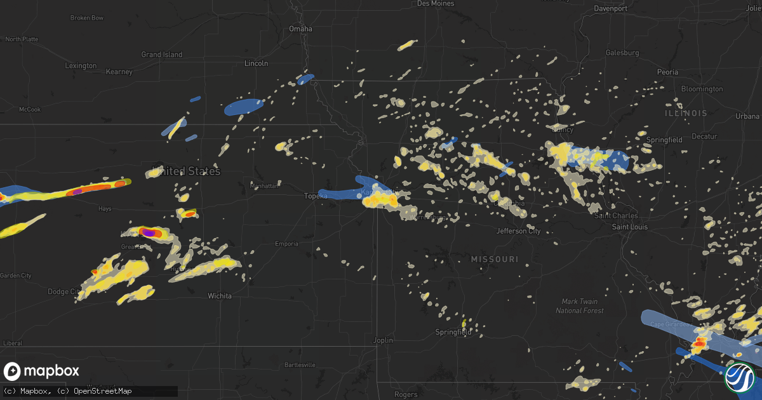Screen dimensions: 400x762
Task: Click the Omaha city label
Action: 300,29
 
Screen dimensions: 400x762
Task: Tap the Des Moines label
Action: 436,4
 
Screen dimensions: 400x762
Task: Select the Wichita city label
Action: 220,296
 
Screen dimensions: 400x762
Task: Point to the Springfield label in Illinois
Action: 664,140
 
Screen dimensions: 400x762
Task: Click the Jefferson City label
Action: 518,231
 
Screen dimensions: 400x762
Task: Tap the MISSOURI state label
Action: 495,259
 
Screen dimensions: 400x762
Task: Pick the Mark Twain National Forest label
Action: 577,306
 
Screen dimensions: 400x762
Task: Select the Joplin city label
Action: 384,340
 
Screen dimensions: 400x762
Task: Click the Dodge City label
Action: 64,292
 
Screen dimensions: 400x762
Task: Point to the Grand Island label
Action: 161,55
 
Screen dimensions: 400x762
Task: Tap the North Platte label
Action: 22,39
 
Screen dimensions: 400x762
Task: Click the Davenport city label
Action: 610,8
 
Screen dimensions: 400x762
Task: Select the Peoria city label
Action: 667,72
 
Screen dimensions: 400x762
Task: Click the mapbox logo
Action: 42,371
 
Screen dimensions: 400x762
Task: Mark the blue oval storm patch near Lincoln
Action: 244,107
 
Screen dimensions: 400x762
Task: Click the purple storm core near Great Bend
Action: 149,233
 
